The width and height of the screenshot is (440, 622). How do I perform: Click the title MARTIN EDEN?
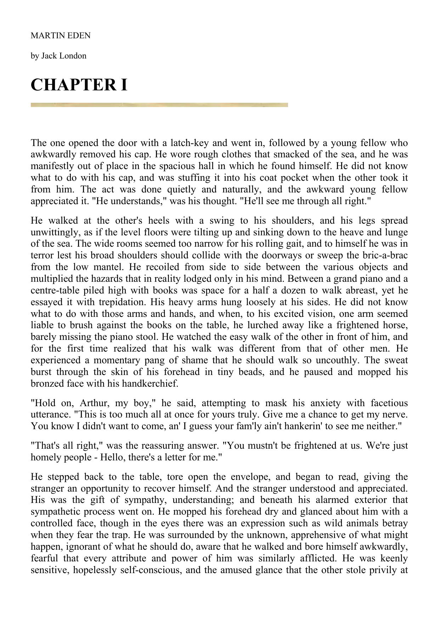pyautogui.click(x=61, y=35)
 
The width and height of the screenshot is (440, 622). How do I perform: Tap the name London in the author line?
pyautogui.click(x=74, y=56)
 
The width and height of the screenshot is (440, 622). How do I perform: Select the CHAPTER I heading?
pyautogui.click(x=79, y=85)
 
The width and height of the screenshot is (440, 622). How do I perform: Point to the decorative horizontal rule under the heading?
pyautogui.click(x=159, y=105)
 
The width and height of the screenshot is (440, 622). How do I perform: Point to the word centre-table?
pyautogui.click(x=50, y=290)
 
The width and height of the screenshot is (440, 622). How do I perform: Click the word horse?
pyautogui.click(x=396, y=325)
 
